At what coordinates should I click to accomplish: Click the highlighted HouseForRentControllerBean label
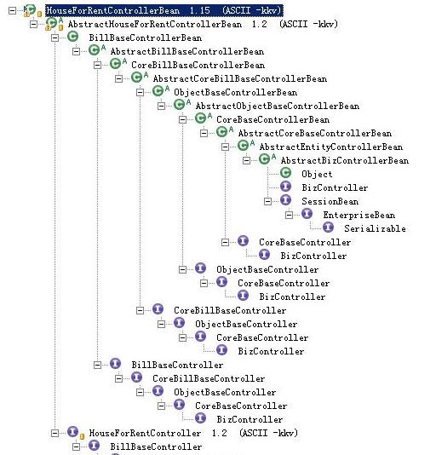163,11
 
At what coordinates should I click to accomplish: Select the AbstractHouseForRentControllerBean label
203,24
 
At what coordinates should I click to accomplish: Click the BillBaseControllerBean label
146,37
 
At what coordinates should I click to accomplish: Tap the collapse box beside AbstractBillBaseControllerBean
76,51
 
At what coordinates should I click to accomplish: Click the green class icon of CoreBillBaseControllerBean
115,64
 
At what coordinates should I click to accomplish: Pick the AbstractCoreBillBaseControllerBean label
240,78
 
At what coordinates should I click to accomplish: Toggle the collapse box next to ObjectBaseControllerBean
140,92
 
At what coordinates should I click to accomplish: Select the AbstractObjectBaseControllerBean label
278,106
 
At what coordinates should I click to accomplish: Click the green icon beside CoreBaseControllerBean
200,118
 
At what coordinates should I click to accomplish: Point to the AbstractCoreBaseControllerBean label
315,133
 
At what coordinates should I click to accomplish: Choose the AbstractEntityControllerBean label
331,147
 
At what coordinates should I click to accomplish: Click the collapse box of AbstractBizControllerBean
246,160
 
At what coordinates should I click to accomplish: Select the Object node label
317,174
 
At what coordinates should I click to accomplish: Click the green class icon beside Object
286,173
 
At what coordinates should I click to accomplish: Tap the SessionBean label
330,201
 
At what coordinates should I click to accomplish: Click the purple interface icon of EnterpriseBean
307,214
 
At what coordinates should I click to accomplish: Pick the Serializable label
375,228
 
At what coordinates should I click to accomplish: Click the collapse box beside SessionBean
267,201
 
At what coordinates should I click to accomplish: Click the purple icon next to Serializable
328,227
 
